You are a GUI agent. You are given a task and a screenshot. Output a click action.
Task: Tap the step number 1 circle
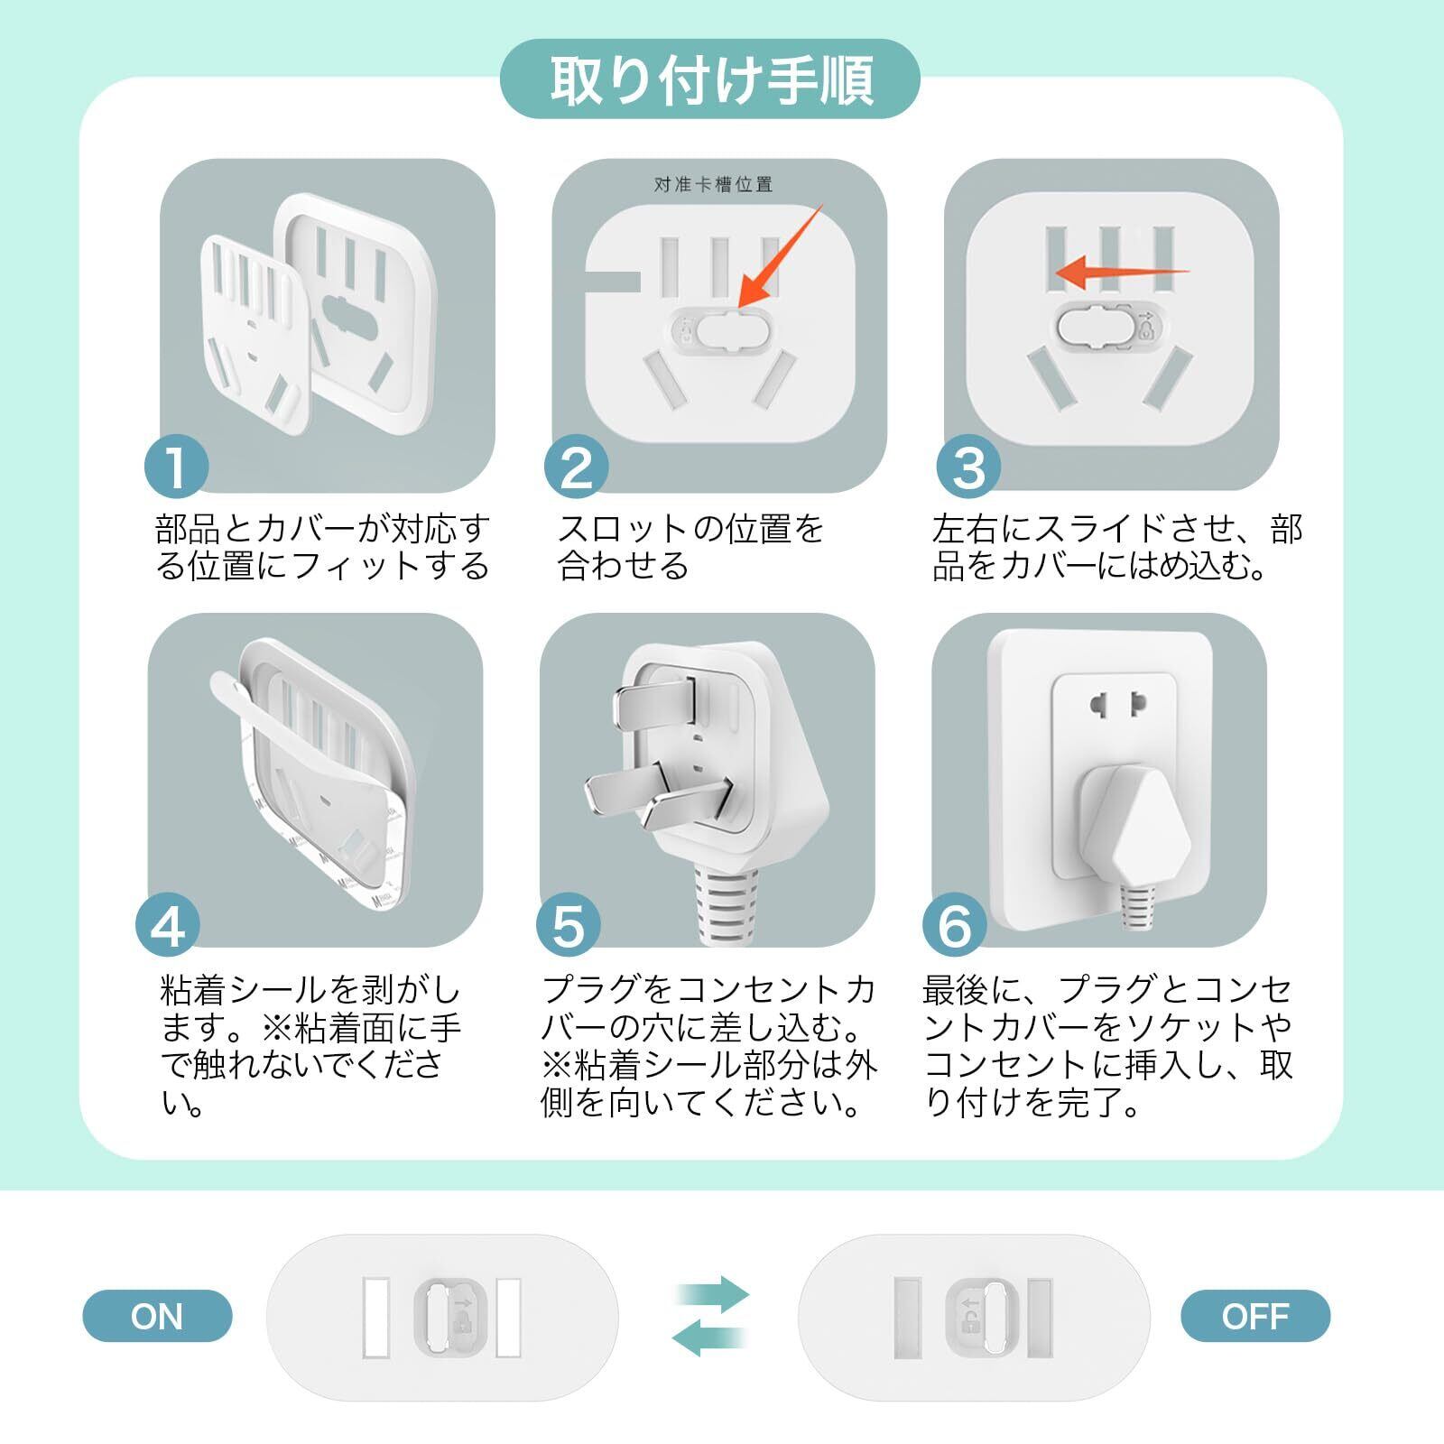pyautogui.click(x=177, y=467)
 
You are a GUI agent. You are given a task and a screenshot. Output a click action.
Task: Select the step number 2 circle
pyautogui.click(x=577, y=467)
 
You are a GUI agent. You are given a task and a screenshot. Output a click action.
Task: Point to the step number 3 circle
pyautogui.click(x=969, y=467)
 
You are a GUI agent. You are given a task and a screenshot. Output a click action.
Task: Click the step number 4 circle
pyautogui.click(x=168, y=926)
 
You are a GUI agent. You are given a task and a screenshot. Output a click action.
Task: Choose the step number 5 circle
pyautogui.click(x=569, y=926)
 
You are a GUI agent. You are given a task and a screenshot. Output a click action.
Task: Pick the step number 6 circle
pyautogui.click(x=955, y=926)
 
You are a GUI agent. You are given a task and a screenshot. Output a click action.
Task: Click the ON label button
pyautogui.click(x=157, y=1316)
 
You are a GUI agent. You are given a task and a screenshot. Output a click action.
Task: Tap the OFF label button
pyautogui.click(x=1254, y=1316)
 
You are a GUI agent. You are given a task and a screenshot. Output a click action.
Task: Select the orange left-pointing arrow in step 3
pyautogui.click(x=1122, y=269)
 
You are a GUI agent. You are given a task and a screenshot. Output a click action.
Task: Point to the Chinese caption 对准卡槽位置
pyautogui.click(x=713, y=185)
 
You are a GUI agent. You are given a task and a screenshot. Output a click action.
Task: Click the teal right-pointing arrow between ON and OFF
pyautogui.click(x=713, y=1294)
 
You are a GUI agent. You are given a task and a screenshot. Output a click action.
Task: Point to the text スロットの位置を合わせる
pyautogui.click(x=691, y=547)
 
